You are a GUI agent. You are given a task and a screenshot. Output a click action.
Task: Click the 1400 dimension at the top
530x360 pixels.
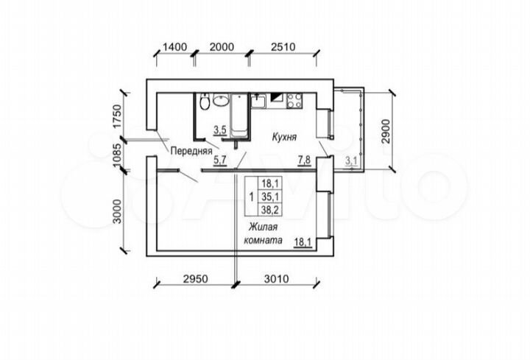coord(174,47)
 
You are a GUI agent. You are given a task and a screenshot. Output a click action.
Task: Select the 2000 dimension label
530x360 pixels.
coord(221,47)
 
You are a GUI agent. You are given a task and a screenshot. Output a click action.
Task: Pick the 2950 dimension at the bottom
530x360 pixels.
coord(197,280)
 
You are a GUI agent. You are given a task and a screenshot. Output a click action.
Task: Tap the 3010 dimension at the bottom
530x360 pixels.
coord(275,280)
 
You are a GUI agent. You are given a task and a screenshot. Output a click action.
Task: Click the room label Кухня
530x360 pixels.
coord(283,137)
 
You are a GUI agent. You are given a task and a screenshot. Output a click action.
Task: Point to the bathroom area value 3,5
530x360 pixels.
coord(219,130)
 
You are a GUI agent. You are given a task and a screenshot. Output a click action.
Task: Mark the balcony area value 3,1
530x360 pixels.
coord(350,160)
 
